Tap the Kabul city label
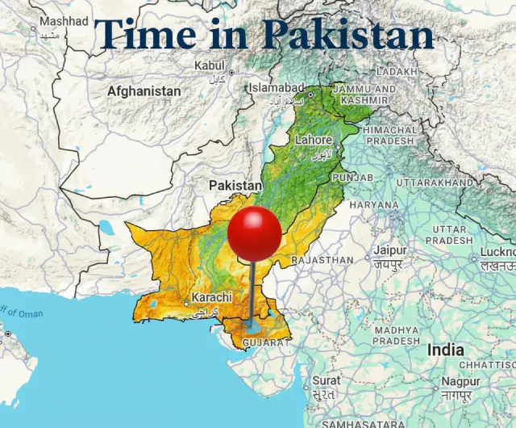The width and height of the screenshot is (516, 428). pos(210,65)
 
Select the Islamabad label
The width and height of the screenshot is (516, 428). pos(277,87)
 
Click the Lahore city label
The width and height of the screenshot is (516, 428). pos(313,140)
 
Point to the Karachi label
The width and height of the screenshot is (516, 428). pos(211,297)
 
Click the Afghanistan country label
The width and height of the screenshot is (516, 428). pos(144,91)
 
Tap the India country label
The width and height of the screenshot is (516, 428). pos(445,350)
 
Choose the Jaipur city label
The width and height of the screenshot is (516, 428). pos(389,250)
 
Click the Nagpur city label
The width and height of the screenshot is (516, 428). pos(461,380)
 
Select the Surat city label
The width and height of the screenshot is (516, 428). pos(327,380)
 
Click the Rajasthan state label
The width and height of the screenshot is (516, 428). pos(322,261)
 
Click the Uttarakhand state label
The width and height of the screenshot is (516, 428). pos(435,183)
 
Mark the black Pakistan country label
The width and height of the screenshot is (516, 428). pos(235,186)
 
